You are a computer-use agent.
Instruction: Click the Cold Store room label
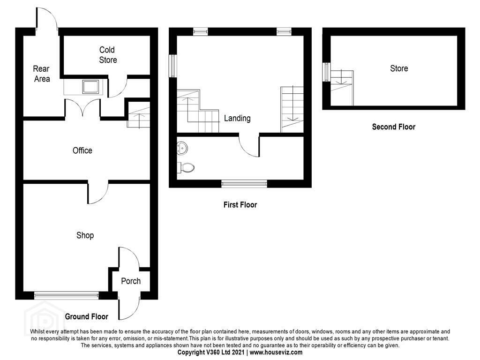(x=108, y=55)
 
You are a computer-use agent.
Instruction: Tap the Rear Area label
(x=42, y=74)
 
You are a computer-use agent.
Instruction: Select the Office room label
(x=82, y=150)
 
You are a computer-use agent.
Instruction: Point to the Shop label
(x=85, y=235)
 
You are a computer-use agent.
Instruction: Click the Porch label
(x=131, y=281)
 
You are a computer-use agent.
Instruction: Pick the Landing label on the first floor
(x=237, y=118)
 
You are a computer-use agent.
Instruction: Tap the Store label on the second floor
(x=399, y=68)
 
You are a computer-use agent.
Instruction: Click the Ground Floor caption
(x=87, y=316)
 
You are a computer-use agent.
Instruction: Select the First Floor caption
(x=240, y=205)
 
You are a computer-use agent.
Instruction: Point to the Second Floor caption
(x=394, y=127)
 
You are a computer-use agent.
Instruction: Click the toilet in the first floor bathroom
(x=186, y=168)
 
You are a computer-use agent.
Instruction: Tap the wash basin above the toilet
(x=182, y=149)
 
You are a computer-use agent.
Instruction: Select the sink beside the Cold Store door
(x=90, y=87)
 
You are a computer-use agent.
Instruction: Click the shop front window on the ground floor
(x=67, y=295)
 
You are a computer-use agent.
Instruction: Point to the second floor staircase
(x=342, y=88)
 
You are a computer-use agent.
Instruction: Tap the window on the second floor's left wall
(x=327, y=72)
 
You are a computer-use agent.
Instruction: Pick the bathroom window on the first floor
(x=244, y=184)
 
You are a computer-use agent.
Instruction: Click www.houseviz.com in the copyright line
(x=276, y=352)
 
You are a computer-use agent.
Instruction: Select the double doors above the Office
(x=82, y=107)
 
